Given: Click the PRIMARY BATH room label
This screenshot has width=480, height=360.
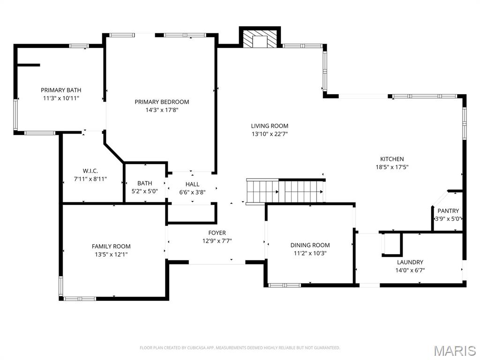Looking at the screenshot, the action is click(61, 90).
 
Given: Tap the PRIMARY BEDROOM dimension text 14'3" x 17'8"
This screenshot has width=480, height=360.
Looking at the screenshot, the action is click(162, 110).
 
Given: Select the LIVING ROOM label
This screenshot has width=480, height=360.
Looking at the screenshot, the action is click(270, 126).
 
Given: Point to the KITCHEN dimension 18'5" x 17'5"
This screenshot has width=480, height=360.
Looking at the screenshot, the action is click(392, 167).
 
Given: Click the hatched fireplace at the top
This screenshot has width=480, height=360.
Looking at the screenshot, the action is click(260, 38).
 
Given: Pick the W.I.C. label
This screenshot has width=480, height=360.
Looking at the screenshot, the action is click(90, 171).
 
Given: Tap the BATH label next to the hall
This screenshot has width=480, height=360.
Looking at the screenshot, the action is click(145, 183).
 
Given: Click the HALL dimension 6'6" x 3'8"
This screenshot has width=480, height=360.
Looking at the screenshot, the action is click(192, 192).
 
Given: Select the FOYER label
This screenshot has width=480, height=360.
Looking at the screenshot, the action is click(217, 232).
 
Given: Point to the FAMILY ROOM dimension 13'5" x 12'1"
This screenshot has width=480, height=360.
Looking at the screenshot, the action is click(111, 255).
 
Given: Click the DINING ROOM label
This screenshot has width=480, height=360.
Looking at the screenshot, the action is click(310, 245).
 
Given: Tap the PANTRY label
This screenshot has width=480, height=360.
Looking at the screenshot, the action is click(448, 210).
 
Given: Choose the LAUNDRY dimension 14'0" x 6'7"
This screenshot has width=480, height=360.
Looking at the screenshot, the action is click(410, 270).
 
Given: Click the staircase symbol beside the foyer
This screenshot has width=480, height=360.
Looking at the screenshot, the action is click(285, 192).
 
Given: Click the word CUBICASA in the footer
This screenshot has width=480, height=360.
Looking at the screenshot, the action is click(196, 348).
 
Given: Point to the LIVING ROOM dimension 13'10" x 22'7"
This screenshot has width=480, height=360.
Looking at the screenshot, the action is click(270, 134).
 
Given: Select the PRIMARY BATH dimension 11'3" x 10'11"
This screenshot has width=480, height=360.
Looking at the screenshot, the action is click(61, 98).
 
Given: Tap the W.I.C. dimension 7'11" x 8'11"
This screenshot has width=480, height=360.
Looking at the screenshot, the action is click(90, 179).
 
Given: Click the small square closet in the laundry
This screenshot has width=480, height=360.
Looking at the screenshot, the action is click(392, 244).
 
